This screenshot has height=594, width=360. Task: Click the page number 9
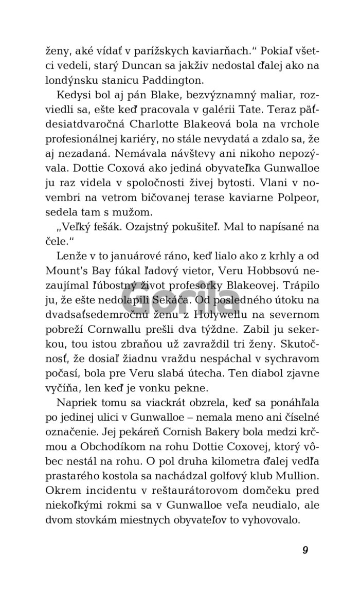[x=305, y=550]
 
